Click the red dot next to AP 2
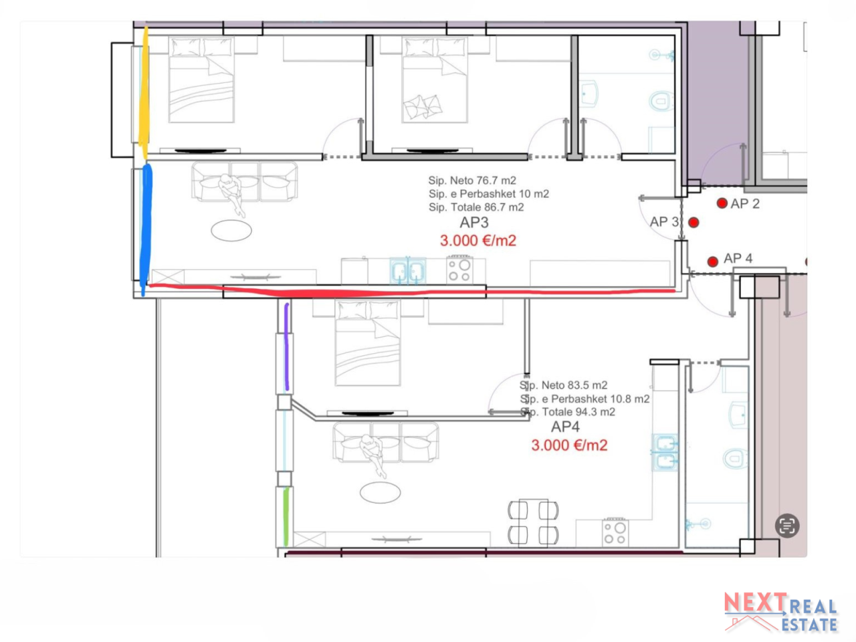(722, 203)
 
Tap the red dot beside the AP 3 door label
(693, 223)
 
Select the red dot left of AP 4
(712, 261)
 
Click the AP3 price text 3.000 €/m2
(478, 241)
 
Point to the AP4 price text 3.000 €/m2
(569, 445)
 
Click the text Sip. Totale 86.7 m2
(476, 207)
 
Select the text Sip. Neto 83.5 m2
(564, 385)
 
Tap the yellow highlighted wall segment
(144, 93)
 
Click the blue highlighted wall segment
(146, 230)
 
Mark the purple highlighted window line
(287, 347)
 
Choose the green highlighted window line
(286, 516)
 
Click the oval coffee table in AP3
(231, 230)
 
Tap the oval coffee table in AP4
(380, 492)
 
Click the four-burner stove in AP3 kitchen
(460, 269)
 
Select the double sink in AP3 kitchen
(407, 270)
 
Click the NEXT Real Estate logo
(780, 612)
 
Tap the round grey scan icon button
(787, 526)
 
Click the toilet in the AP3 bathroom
(661, 100)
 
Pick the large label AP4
(565, 427)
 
